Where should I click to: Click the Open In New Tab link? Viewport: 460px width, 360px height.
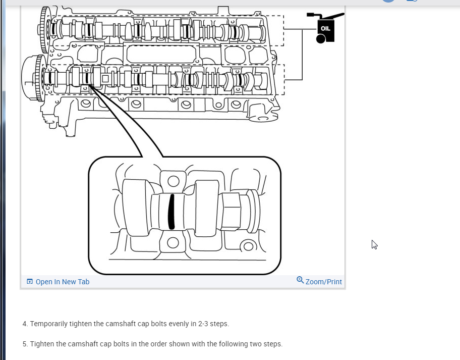(62, 282)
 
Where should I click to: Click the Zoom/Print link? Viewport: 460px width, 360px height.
(323, 282)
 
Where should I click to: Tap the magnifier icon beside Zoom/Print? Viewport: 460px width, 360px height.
(300, 280)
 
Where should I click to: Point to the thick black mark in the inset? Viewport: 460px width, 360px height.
(171, 211)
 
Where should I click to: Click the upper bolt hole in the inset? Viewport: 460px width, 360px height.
(173, 181)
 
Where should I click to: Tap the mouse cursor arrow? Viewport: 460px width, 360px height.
(374, 244)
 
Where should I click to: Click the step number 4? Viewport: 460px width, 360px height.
(25, 324)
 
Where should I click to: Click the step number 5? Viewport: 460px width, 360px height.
(25, 344)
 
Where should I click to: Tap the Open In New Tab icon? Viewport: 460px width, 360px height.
(30, 282)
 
